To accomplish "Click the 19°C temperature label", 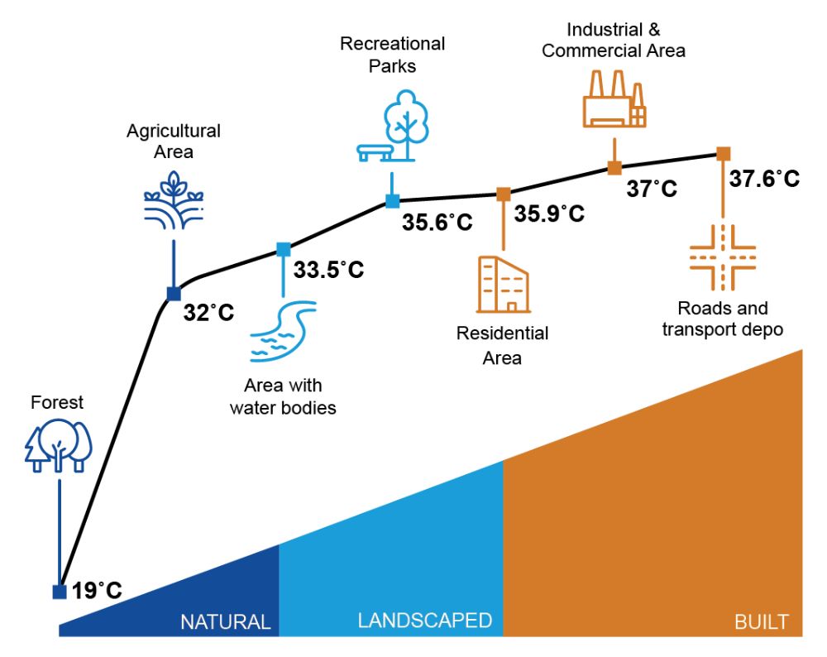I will coord(97,591).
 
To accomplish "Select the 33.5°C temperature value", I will coord(328,270).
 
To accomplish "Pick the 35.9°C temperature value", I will coord(550,213).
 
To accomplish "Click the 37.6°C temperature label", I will coord(765,179).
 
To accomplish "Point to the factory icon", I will coord(614,99).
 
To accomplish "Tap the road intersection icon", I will coord(723,257).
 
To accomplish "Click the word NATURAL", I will coord(225,622).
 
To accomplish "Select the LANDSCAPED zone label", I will coord(424,621).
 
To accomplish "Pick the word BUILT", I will coord(762,622).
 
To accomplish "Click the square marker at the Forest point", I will coord(59,592).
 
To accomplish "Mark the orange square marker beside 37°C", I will coord(614,168).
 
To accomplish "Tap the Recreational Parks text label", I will coord(392,54).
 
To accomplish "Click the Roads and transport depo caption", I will coord(723,319).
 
